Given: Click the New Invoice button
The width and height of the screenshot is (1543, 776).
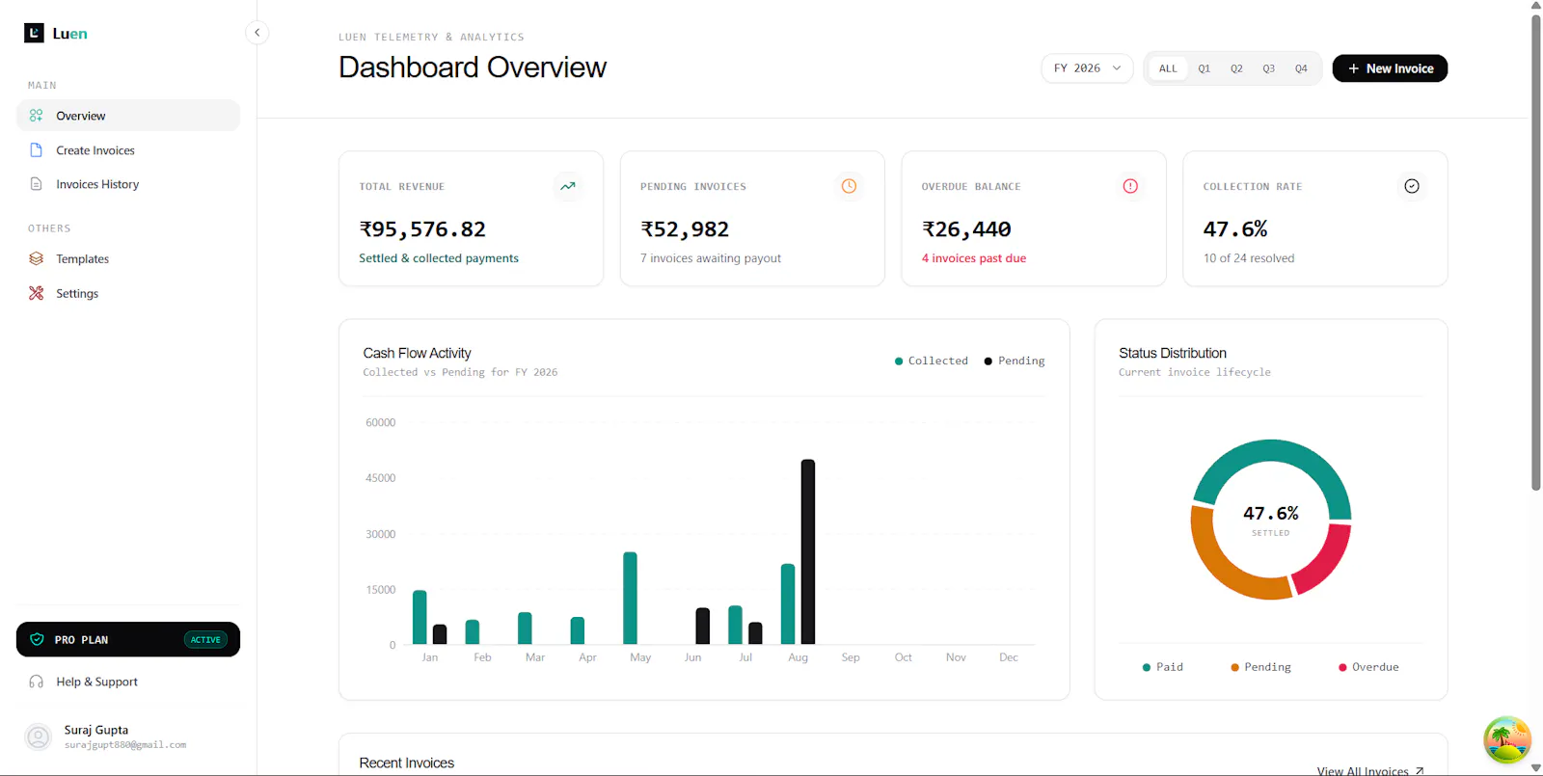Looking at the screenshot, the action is pyautogui.click(x=1390, y=68).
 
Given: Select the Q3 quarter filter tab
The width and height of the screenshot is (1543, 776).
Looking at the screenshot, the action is pyautogui.click(x=1268, y=68).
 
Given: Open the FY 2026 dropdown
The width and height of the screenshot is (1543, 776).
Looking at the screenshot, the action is pyautogui.click(x=1087, y=68).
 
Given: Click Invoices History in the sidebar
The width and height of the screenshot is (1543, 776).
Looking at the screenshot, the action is pyautogui.click(x=97, y=184).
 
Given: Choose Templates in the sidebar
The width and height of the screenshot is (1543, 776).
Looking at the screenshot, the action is pyautogui.click(x=82, y=259).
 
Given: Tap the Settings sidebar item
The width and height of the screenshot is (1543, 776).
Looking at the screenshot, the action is pyautogui.click(x=76, y=293).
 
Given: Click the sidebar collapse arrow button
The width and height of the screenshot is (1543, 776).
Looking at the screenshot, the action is pyautogui.click(x=257, y=33).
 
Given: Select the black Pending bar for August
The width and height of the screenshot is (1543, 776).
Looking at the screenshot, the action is pyautogui.click(x=808, y=551).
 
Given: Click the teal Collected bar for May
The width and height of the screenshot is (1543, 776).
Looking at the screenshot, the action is pyautogui.click(x=630, y=598).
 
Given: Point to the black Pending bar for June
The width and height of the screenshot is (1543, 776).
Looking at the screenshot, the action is pyautogui.click(x=703, y=626).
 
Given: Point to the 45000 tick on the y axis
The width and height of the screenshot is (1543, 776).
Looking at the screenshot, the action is pyautogui.click(x=380, y=478).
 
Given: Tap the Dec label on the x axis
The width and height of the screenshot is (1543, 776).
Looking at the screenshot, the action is pyautogui.click(x=1009, y=657).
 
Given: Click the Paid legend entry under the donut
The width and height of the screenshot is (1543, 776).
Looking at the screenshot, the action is pyautogui.click(x=1163, y=666).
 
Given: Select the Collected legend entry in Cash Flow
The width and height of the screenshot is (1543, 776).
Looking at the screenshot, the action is pyautogui.click(x=931, y=361).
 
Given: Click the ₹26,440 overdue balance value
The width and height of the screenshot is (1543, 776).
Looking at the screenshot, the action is pyautogui.click(x=966, y=228).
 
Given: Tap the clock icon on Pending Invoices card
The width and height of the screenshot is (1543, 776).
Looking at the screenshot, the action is pyautogui.click(x=849, y=186).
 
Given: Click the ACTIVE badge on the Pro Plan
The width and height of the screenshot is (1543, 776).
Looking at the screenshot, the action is pyautogui.click(x=205, y=640).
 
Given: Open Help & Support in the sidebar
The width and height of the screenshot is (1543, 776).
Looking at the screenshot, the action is pyautogui.click(x=96, y=682).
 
